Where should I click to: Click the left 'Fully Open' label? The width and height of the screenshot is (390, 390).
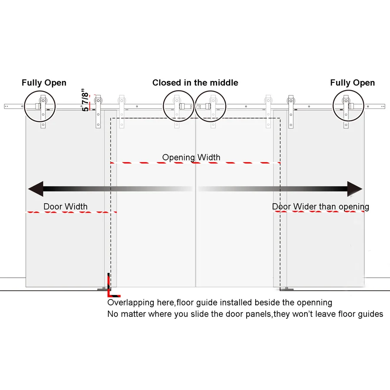click(44, 83)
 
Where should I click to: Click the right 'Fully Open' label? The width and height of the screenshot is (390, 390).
click(352, 83)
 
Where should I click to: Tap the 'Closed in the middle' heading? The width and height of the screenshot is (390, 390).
click(195, 83)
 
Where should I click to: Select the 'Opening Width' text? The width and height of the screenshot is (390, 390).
click(191, 157)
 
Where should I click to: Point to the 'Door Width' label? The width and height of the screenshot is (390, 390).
click(65, 206)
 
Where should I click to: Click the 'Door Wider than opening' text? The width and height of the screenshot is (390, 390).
click(320, 207)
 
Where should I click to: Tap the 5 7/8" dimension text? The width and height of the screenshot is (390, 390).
click(85, 100)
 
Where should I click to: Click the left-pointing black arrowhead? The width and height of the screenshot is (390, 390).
click(36, 189)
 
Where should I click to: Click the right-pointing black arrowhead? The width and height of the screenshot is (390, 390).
click(354, 189)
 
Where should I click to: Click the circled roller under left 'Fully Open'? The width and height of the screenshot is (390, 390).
click(40, 106)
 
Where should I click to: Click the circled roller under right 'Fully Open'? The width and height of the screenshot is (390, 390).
click(348, 106)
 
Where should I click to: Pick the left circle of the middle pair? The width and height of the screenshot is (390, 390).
click(179, 106)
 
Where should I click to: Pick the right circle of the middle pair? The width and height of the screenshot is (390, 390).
click(211, 106)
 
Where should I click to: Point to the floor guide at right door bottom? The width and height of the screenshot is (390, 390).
click(286, 289)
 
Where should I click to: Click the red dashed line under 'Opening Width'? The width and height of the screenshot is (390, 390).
click(195, 163)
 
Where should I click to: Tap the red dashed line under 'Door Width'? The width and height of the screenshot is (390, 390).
click(71, 212)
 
